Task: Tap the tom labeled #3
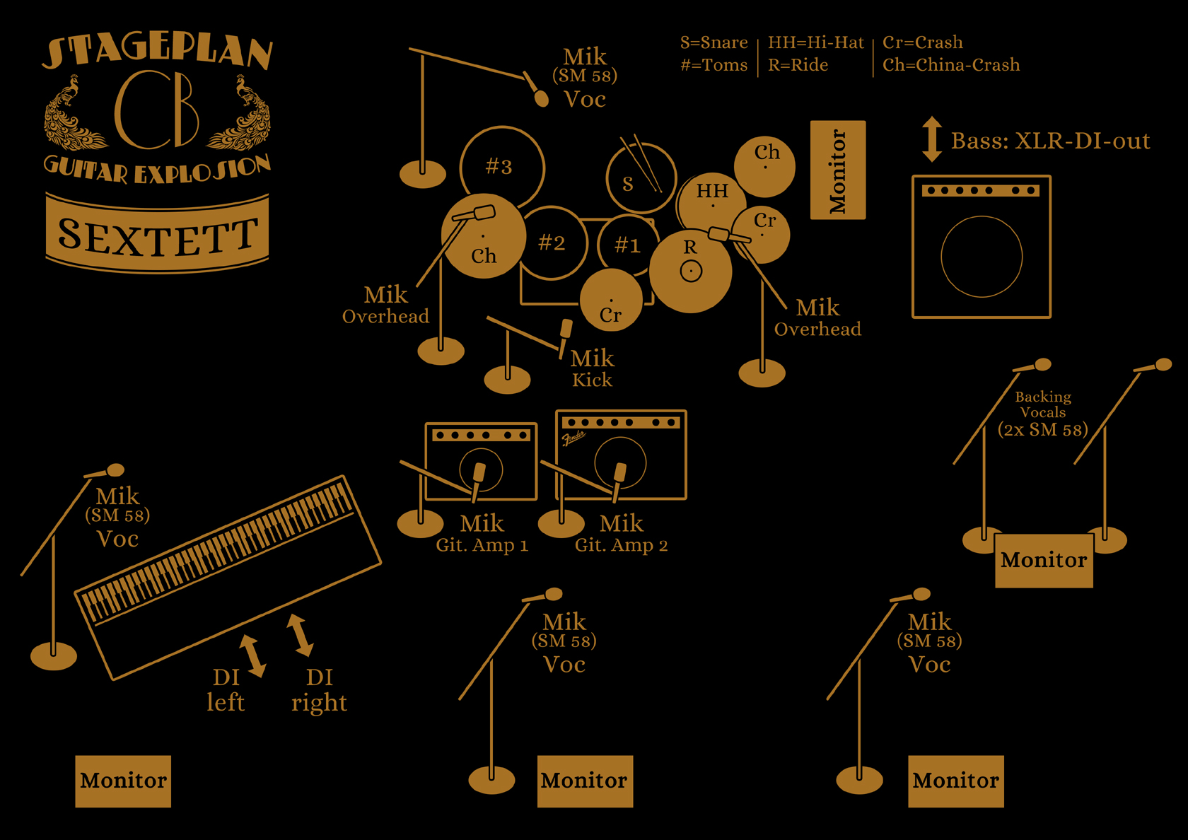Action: coord(501,167)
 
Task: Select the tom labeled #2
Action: coord(552,243)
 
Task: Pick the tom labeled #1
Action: coord(627,245)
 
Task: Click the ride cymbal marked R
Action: coord(690,270)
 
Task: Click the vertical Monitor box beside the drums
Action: coord(838,170)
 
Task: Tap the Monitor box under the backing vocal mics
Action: coord(1044,560)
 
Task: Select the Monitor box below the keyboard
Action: coord(123,781)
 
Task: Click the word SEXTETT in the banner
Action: coord(157,235)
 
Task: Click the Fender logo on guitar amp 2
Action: coord(573,438)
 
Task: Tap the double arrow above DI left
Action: coord(252,655)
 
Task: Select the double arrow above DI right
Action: coord(300,635)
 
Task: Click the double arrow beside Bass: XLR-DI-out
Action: coord(932,139)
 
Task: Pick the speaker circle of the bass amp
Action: coord(982,257)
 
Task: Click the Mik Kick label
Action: coord(592,368)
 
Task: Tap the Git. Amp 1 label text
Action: coord(482,545)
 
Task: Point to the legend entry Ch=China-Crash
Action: coord(951,65)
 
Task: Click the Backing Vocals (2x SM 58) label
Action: coord(1043,413)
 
